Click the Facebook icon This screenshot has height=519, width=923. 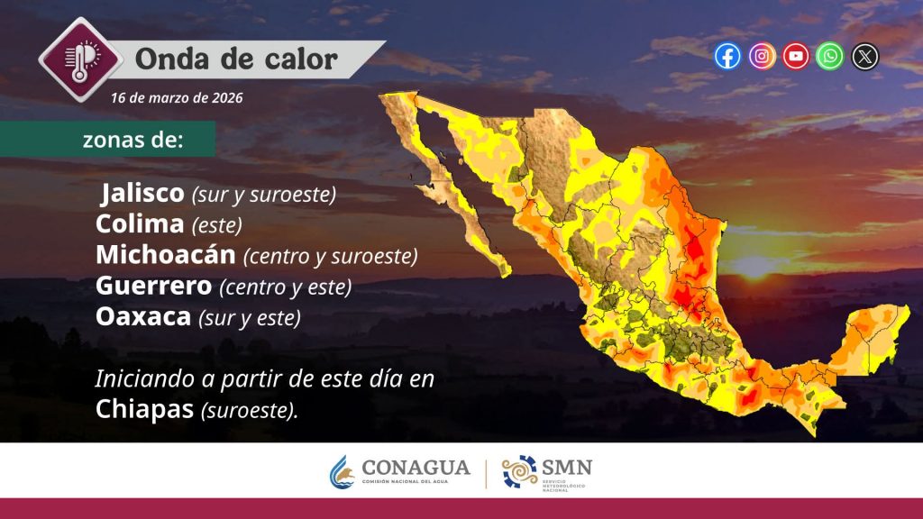click(727, 57)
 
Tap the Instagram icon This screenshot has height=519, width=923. click(762, 57)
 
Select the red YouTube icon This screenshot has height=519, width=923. click(795, 57)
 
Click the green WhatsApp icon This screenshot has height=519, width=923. click(829, 57)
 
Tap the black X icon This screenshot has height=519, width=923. click(864, 57)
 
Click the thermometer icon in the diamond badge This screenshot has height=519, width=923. click(80, 60)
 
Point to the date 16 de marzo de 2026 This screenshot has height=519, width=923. click(177, 97)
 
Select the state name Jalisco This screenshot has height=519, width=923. click(142, 193)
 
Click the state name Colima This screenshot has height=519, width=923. click(140, 224)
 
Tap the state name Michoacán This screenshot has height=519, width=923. click(166, 255)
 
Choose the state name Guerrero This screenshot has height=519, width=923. click(153, 286)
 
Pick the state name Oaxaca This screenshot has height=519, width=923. click(143, 316)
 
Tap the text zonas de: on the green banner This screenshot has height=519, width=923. click(133, 140)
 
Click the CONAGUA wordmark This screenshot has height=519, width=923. click(416, 468)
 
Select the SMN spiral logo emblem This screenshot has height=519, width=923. click(520, 471)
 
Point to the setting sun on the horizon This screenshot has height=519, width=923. click(754, 266)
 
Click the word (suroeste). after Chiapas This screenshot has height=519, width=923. click(250, 411)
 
